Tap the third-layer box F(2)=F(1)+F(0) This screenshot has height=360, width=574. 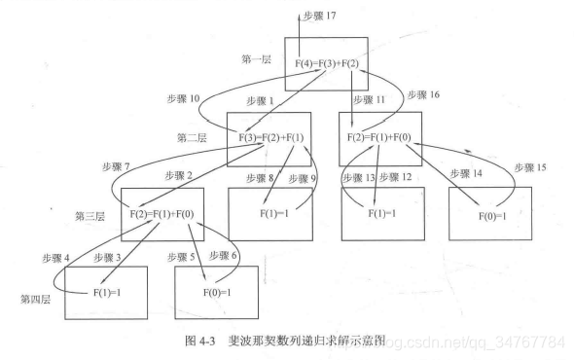(161, 212)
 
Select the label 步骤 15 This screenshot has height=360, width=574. (525, 167)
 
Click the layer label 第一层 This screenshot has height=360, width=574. (257, 60)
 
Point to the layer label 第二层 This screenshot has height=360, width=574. (193, 138)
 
